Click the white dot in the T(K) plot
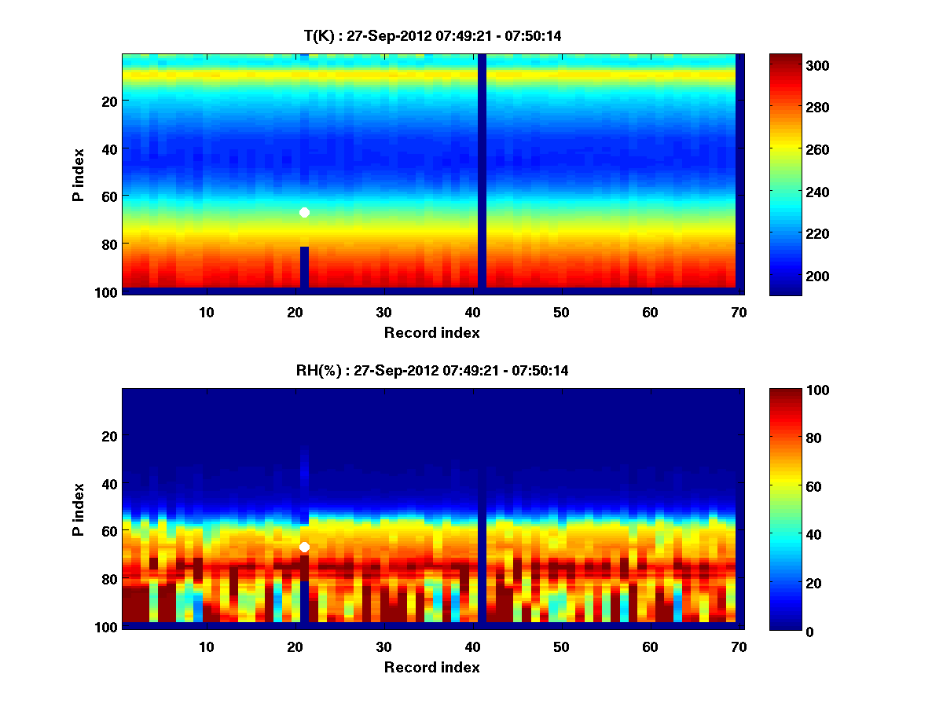tap(304, 212)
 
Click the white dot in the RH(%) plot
tap(304, 547)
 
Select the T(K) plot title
tap(432, 35)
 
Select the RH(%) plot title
tap(432, 370)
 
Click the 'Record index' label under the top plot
tap(431, 332)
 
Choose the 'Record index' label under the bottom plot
tap(431, 667)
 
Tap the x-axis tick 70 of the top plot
tap(739, 312)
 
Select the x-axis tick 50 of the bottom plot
tap(561, 647)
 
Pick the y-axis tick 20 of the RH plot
tap(109, 436)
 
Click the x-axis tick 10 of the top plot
tap(206, 312)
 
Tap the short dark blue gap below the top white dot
tap(304, 267)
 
